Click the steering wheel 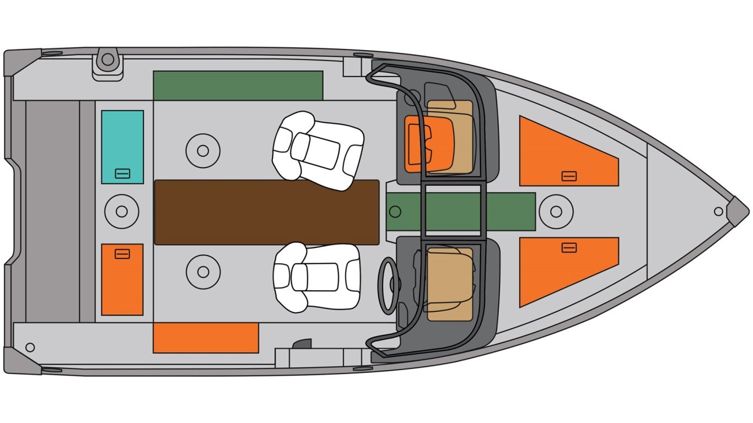389,285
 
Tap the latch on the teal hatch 122,173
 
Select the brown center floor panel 266,212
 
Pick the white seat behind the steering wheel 316,276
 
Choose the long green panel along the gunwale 238,85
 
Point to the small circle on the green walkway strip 394,211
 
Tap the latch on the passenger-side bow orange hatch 569,176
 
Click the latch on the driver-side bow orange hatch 569,247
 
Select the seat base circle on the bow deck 556,211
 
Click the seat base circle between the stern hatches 122,211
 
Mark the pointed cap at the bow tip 737,211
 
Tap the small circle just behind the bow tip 718,211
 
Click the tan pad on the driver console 450,284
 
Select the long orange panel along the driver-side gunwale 206,338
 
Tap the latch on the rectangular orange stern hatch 122,254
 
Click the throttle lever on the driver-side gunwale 302,344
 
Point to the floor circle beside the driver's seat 203,272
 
